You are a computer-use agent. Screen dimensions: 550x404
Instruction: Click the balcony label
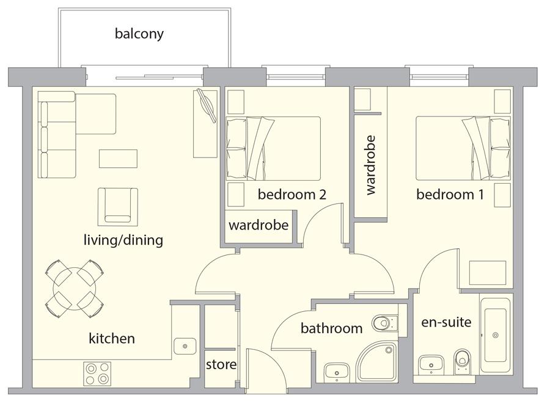tap(139, 34)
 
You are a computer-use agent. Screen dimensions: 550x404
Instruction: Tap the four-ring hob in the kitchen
tap(97, 373)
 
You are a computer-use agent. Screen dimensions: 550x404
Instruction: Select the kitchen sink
tap(185, 346)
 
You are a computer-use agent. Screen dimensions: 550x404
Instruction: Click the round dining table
tap(75, 289)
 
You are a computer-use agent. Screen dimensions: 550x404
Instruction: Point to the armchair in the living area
tap(118, 207)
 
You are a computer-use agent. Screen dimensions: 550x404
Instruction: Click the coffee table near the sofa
tap(118, 159)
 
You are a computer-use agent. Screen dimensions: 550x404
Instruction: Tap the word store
tap(221, 364)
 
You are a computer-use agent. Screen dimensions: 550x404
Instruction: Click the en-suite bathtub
tap(495, 335)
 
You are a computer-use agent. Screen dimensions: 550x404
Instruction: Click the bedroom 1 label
tap(450, 194)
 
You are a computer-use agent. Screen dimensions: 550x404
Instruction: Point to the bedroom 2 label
tap(292, 194)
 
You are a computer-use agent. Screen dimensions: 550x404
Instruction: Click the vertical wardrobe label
tap(370, 165)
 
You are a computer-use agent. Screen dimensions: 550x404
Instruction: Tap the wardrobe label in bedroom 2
tap(258, 225)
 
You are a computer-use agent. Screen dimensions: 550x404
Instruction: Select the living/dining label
tap(123, 240)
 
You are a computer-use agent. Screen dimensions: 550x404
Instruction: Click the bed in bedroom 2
tap(273, 148)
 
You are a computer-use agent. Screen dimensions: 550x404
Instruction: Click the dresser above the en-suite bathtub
tap(488, 273)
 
